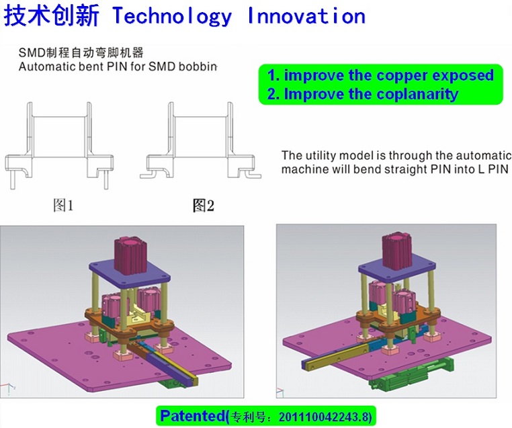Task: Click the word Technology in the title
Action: (173, 16)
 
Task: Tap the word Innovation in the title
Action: (306, 15)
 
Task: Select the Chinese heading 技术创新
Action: (52, 15)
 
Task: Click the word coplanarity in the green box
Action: (418, 94)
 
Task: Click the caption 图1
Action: (63, 206)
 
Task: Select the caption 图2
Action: (203, 206)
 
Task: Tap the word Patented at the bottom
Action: (193, 416)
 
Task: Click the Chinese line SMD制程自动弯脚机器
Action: (81, 52)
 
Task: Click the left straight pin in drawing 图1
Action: (13, 180)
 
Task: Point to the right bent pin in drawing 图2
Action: (250, 174)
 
